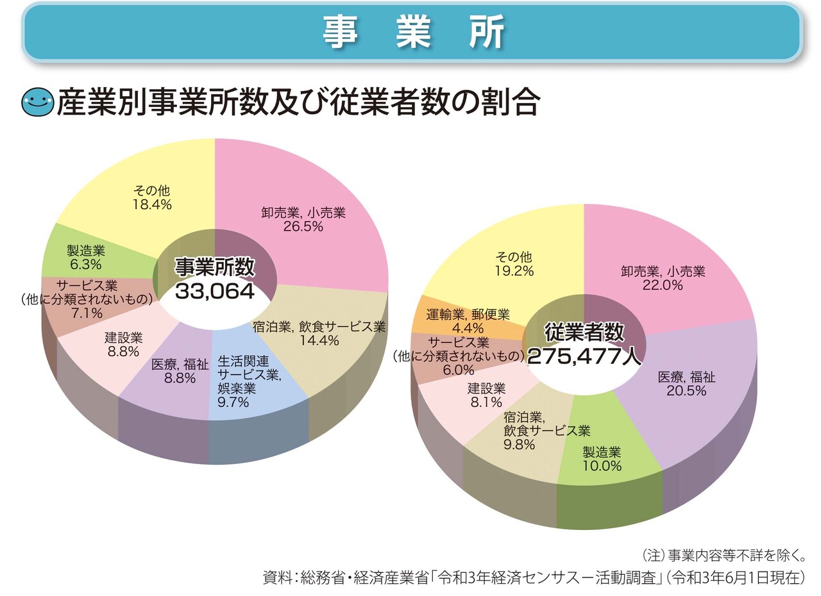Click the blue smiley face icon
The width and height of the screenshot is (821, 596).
point(38,103)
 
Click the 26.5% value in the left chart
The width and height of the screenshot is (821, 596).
point(303,227)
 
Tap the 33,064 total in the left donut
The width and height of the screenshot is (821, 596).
point(215,291)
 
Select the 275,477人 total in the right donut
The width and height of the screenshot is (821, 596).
point(584,356)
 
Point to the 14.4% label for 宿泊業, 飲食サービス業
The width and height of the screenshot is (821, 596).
point(319,341)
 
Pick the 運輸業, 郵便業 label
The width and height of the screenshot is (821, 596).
point(468,315)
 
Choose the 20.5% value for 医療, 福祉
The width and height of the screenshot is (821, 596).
point(686,390)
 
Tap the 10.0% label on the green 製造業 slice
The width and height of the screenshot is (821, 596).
point(602,466)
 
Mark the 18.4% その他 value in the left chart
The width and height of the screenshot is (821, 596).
point(152,204)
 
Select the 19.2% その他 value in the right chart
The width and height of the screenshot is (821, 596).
point(514,271)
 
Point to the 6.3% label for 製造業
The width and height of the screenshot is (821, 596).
point(86,264)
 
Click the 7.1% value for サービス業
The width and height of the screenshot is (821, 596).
point(88,313)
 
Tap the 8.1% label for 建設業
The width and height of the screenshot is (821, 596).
point(486,402)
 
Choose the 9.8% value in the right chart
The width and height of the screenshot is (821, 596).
point(519,444)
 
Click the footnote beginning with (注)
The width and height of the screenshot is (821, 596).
point(723,555)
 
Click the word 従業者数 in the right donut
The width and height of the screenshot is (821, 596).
point(584,332)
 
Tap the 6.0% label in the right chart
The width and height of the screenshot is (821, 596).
point(459,370)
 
